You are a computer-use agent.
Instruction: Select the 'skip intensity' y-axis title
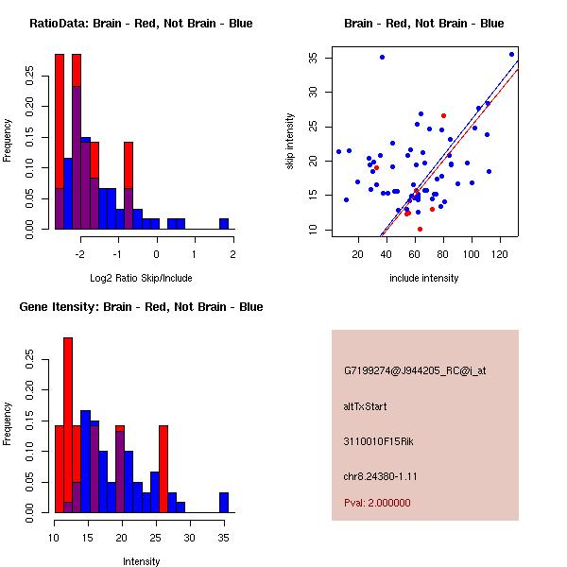pyautogui.click(x=291, y=142)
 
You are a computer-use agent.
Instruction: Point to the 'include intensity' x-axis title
pyautogui.click(x=423, y=278)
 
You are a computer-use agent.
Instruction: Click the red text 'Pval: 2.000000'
pyautogui.click(x=377, y=503)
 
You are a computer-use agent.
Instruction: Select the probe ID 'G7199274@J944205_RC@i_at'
pyautogui.click(x=415, y=371)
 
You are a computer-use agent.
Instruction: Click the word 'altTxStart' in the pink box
pyautogui.click(x=365, y=406)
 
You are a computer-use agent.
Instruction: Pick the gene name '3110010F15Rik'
pyautogui.click(x=374, y=441)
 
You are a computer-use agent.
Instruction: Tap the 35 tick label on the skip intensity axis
pyautogui.click(x=312, y=58)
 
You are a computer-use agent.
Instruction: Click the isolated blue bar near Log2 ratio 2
pyautogui.click(x=224, y=224)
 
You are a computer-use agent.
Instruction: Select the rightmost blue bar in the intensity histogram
pyautogui.click(x=224, y=502)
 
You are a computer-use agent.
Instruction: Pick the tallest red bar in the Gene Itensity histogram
pyautogui.click(x=68, y=425)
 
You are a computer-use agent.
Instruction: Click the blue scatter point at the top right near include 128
pyautogui.click(x=511, y=54)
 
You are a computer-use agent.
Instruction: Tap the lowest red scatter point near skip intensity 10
pyautogui.click(x=420, y=229)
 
